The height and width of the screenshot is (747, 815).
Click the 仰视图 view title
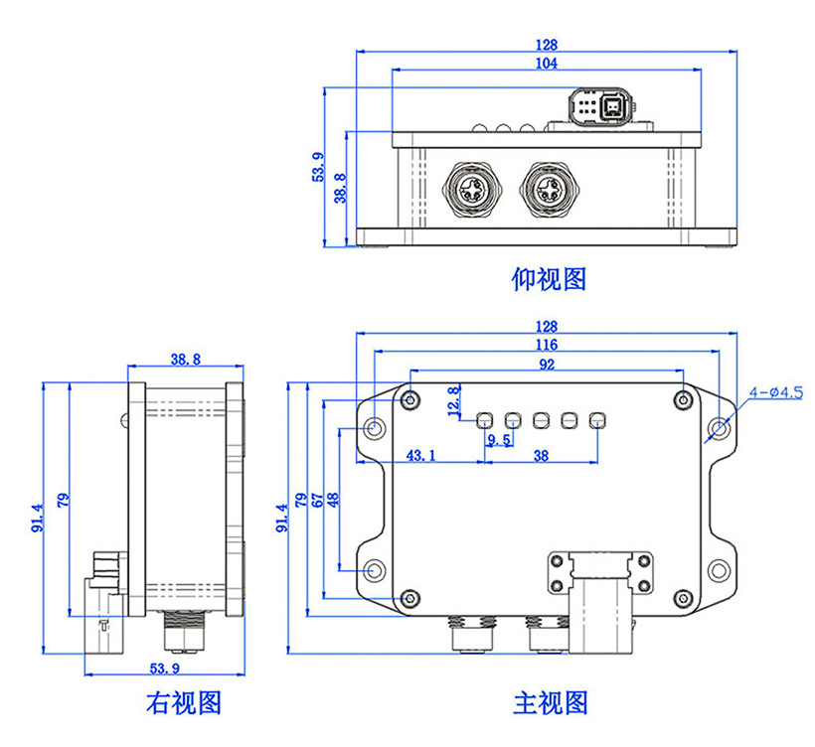point(549,280)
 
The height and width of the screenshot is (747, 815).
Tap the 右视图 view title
point(183,703)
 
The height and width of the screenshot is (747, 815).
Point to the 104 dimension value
point(546,63)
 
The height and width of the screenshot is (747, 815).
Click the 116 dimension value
point(546,345)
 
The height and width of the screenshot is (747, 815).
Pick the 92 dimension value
point(547,365)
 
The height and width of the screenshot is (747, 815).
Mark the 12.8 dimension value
point(455,400)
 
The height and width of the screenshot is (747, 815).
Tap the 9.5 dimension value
point(500,440)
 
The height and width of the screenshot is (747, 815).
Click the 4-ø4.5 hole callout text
point(776,392)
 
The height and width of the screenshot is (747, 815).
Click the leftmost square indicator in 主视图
point(486,420)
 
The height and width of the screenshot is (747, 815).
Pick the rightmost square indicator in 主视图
point(597,420)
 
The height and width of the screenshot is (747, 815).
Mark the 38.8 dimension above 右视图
point(186,359)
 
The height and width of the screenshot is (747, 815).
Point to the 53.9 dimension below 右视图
point(164,668)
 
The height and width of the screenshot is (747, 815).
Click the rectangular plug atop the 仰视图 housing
point(599,106)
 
